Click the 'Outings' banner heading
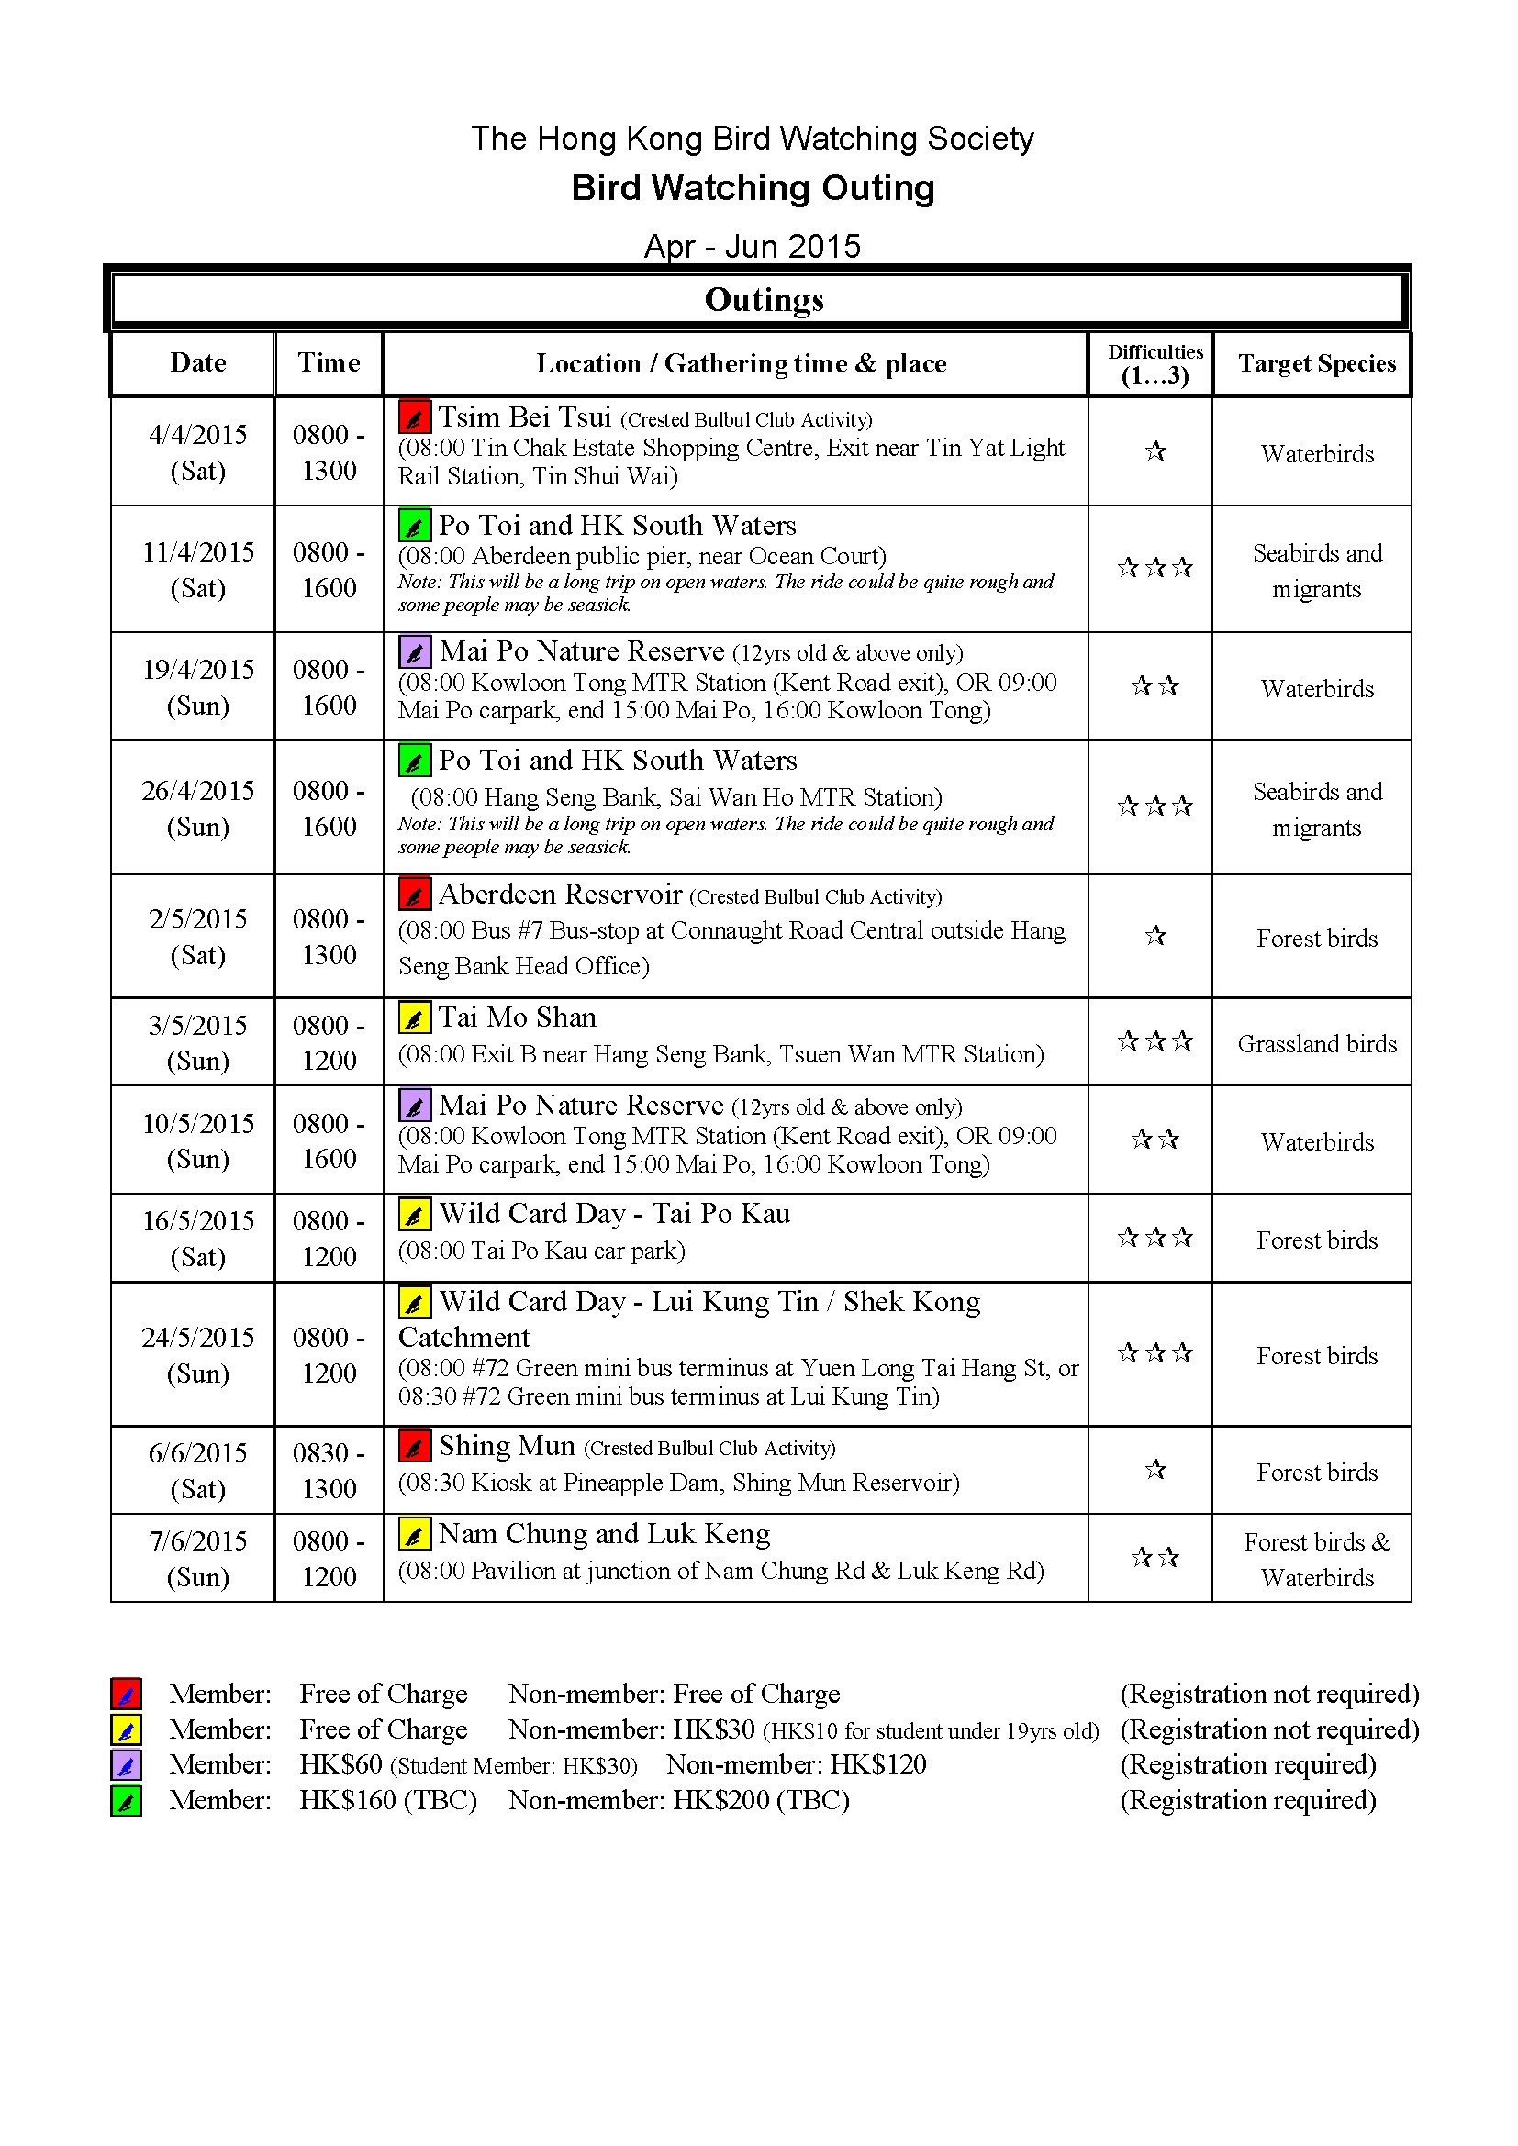pos(764,300)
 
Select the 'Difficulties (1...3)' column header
pos(1155,363)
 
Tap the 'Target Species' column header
pos(1316,363)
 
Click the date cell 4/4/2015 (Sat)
pos(197,452)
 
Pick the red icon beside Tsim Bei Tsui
pos(414,417)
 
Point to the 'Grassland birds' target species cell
pos(1316,1043)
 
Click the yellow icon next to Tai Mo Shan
pos(414,1017)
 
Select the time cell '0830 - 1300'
pos(328,1470)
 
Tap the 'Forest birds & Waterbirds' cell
pos(1316,1559)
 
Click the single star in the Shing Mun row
pos(1155,1470)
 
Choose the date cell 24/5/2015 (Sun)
pos(197,1355)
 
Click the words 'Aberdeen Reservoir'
pos(560,895)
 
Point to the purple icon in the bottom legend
pos(126,1764)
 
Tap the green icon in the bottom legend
pos(126,1800)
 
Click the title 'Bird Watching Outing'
pos(753,188)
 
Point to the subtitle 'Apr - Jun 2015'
pos(753,246)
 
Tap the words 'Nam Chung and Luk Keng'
pos(605,1534)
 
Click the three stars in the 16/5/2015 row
pos(1155,1239)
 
